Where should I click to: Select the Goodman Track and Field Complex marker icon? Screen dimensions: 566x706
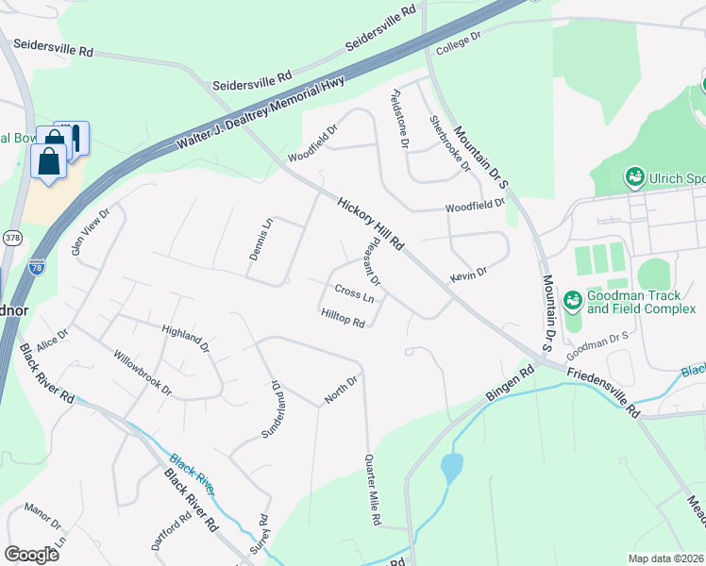point(571,302)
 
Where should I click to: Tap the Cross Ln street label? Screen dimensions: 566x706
point(354,294)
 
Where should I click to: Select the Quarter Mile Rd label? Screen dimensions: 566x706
point(373,490)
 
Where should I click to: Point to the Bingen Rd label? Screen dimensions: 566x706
point(511,383)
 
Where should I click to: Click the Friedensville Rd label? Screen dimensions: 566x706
point(603,391)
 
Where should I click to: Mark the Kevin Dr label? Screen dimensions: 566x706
point(468,273)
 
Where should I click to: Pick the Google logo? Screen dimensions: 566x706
point(32,555)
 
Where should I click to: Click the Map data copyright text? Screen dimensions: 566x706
point(665,558)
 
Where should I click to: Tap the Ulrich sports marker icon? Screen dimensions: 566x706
point(635,176)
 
